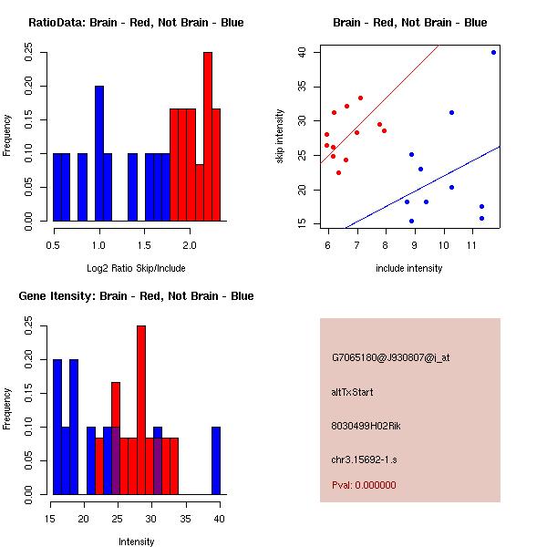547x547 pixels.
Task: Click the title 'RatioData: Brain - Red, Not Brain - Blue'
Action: coord(136,23)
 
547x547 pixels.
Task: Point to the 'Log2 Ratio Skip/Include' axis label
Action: coord(136,268)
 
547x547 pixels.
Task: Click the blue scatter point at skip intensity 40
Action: coord(493,52)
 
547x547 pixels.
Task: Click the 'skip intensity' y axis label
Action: coord(280,137)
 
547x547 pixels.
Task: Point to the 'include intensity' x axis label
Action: coord(409,268)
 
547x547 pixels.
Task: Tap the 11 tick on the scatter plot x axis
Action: coord(471,245)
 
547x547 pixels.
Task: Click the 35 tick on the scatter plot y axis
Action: coord(300,87)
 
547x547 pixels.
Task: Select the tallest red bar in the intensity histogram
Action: coord(141,410)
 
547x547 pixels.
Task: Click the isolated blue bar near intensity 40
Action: coord(216,460)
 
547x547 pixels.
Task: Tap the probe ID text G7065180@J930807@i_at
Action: coord(390,357)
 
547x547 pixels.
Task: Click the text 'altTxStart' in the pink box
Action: coord(353,392)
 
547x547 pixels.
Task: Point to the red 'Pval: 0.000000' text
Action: coord(364,485)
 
